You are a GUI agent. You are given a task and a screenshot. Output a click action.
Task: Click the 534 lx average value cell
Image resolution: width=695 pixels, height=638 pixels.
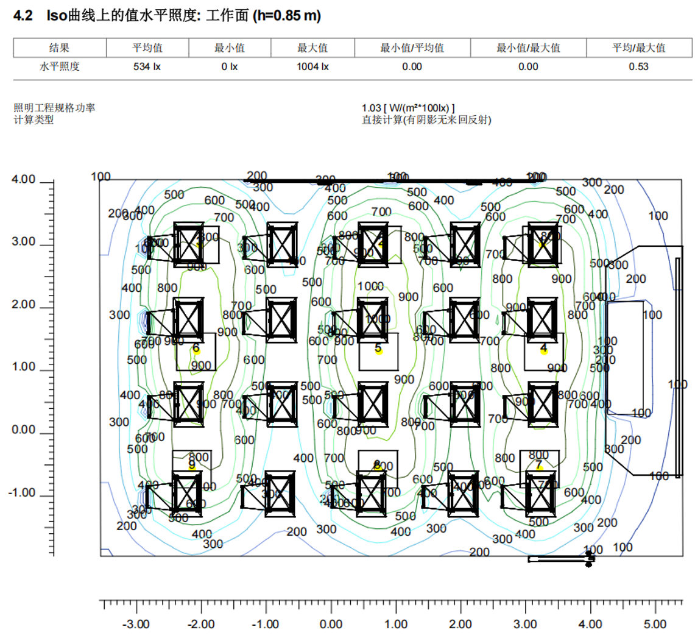147,67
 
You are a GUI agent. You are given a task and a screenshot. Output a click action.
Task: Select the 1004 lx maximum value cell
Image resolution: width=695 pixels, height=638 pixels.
312,67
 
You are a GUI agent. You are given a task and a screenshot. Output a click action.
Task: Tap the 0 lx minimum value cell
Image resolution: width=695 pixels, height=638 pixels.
230,67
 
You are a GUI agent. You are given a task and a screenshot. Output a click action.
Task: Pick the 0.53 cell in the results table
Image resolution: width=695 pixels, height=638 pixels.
638,67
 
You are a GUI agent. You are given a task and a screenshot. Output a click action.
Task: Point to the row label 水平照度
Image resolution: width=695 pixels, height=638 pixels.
60,67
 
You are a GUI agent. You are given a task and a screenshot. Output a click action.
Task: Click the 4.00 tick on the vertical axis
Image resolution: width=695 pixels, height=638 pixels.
24,180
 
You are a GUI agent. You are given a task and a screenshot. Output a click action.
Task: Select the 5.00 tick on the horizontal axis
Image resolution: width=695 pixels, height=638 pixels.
655,625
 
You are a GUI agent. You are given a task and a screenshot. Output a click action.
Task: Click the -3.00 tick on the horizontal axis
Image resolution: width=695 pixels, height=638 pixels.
136,625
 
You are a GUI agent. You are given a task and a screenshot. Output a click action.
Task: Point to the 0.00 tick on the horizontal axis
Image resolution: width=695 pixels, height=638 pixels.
331,625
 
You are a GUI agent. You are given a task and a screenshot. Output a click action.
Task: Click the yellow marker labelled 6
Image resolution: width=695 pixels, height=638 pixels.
197,351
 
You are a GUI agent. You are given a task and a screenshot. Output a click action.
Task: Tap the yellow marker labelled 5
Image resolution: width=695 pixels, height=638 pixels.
379,351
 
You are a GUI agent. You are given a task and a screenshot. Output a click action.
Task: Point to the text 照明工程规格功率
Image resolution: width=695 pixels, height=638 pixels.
54,108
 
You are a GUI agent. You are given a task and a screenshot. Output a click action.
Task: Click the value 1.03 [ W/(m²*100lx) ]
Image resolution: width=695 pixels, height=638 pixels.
408,108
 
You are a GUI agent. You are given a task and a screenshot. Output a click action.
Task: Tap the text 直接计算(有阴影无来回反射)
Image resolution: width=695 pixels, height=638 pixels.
426,119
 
